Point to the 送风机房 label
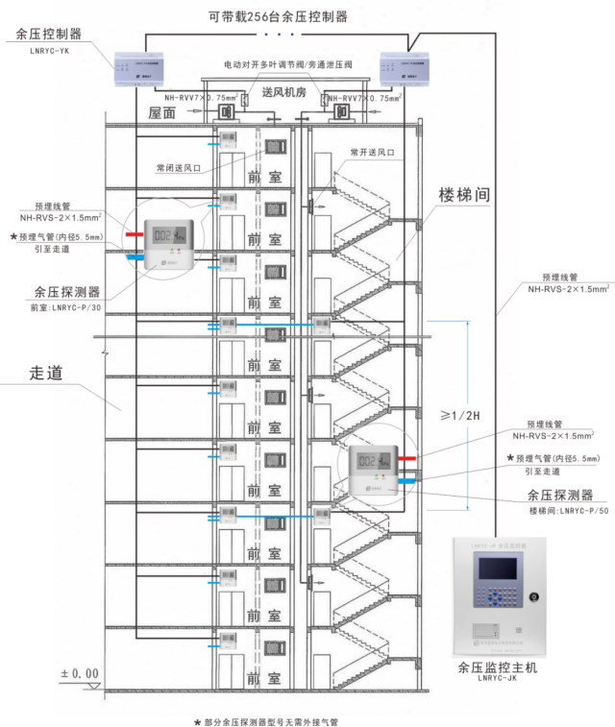284,93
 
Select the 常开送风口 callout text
372,152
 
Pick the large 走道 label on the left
46,374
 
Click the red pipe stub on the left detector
132,232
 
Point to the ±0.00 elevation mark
79,673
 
